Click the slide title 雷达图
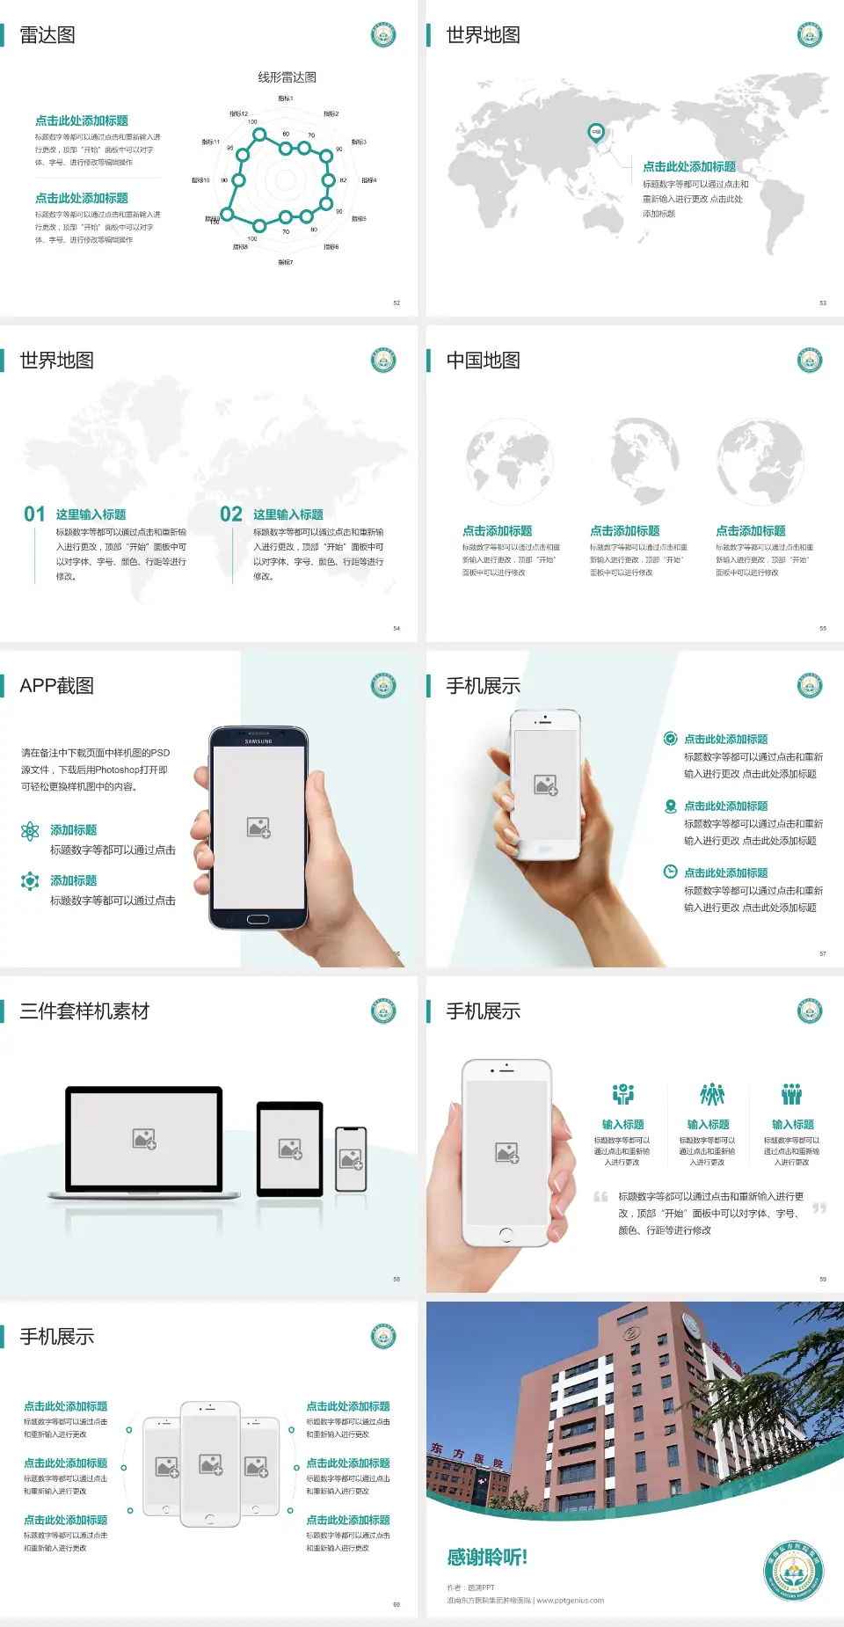click(47, 35)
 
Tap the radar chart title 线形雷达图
click(287, 77)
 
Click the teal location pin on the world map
click(595, 133)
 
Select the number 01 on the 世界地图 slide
click(34, 514)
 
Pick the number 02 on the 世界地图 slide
click(231, 514)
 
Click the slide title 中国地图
click(483, 361)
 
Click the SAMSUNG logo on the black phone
click(258, 741)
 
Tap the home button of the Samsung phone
click(258, 919)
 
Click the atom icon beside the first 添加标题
click(30, 831)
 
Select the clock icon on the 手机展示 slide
click(670, 872)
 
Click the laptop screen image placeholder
click(144, 1139)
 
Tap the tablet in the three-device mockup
click(290, 1149)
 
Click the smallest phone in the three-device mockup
click(351, 1159)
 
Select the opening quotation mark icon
click(600, 1197)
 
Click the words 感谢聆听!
click(487, 1558)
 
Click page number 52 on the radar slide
click(397, 303)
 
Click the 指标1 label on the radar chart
click(286, 98)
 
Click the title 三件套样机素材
click(84, 1011)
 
